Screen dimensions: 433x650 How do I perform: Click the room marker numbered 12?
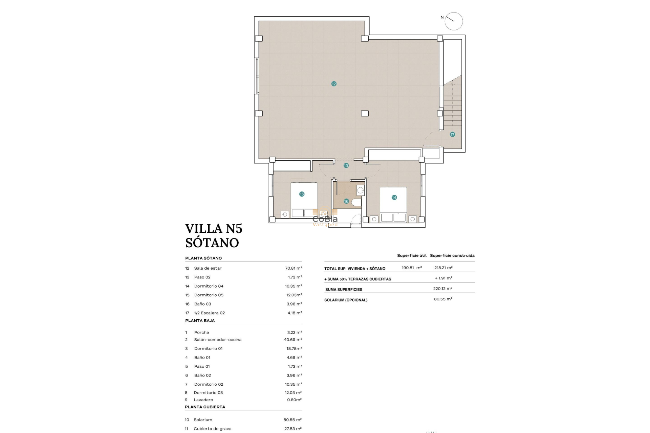tap(334, 84)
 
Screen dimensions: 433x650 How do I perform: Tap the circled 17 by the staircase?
tap(452, 134)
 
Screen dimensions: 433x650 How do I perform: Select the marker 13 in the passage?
tap(346, 165)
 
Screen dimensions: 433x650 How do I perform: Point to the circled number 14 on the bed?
tap(394, 197)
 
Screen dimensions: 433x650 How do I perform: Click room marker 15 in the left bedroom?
tap(302, 194)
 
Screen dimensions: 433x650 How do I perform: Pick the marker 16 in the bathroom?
tap(346, 201)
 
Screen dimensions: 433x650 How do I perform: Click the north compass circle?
tap(454, 21)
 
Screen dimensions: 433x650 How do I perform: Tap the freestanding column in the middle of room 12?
tap(365, 113)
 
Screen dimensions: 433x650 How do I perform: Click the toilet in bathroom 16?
tap(356, 202)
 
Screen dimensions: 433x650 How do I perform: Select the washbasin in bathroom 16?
tap(361, 190)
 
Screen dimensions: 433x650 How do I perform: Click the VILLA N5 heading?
tap(214, 229)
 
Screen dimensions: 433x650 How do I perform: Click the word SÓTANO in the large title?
tap(212, 243)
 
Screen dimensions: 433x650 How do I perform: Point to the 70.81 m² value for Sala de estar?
tap(293, 268)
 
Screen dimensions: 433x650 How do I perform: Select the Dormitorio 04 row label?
tap(209, 286)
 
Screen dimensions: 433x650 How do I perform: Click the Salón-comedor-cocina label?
tap(218, 340)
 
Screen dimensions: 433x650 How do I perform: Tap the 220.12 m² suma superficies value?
tap(442, 289)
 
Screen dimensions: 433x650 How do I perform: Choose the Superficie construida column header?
tap(452, 255)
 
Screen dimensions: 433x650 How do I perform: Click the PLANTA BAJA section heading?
tap(200, 321)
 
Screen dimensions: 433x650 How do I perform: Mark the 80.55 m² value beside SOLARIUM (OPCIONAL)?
tap(443, 299)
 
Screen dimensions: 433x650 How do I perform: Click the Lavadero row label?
tap(203, 400)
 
